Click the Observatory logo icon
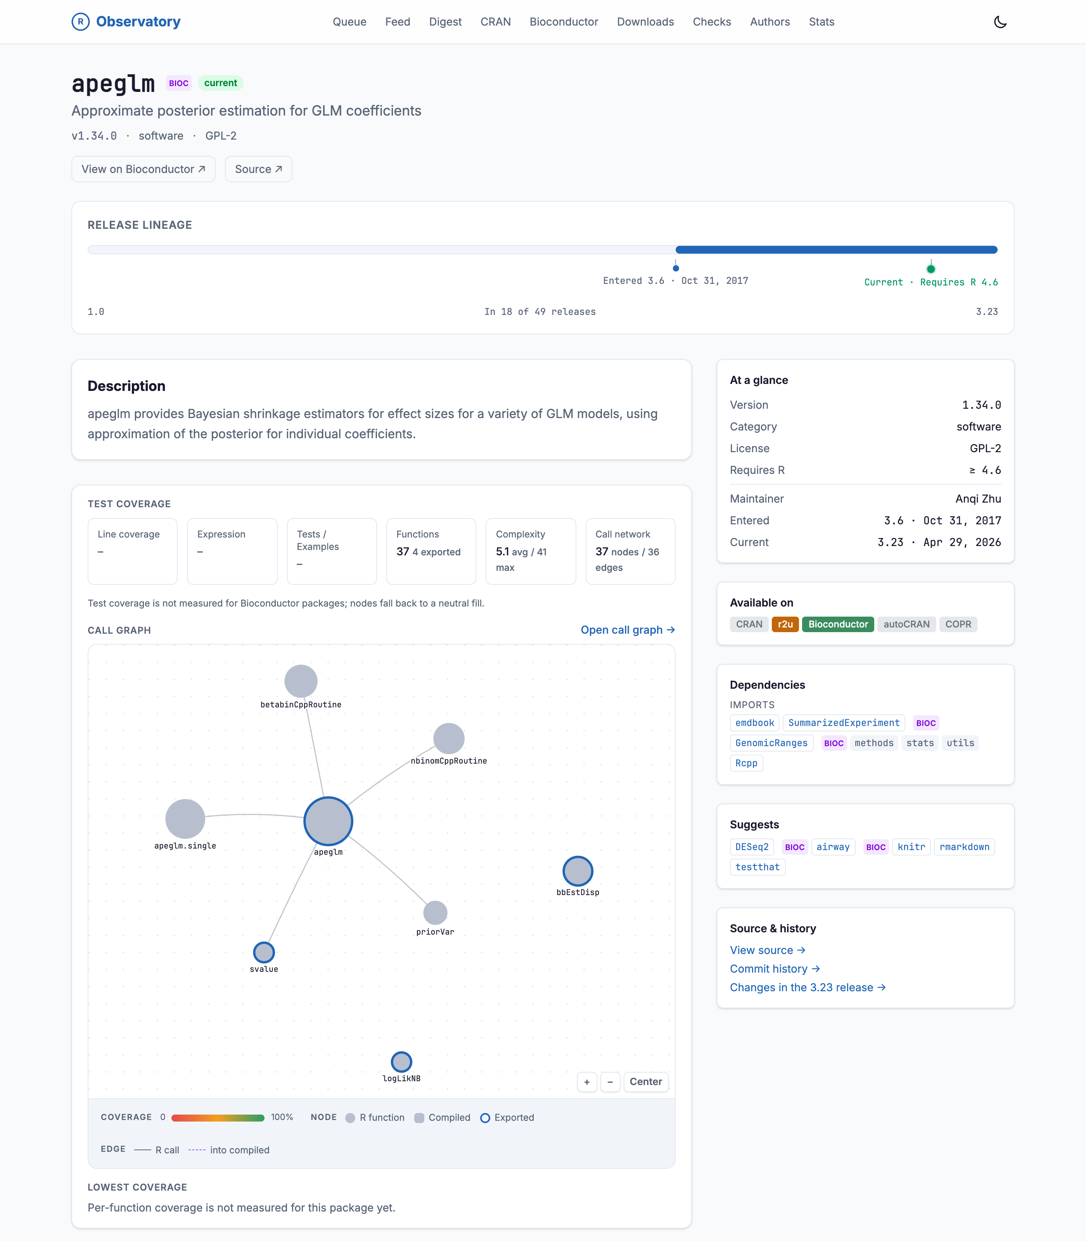tap(81, 22)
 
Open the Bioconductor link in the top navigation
tap(564, 22)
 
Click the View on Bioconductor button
tap(144, 169)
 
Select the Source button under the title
tap(258, 169)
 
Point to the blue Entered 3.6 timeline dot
tap(676, 268)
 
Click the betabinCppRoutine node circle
tap(301, 681)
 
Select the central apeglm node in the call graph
tap(329, 821)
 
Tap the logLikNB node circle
tap(401, 1062)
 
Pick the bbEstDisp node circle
tap(578, 871)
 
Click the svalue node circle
tap(264, 952)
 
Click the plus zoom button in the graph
tap(586, 1082)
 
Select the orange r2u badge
tap(785, 624)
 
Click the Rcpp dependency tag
tap(746, 763)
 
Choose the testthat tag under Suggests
tap(757, 867)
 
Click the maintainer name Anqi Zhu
tap(978, 499)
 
